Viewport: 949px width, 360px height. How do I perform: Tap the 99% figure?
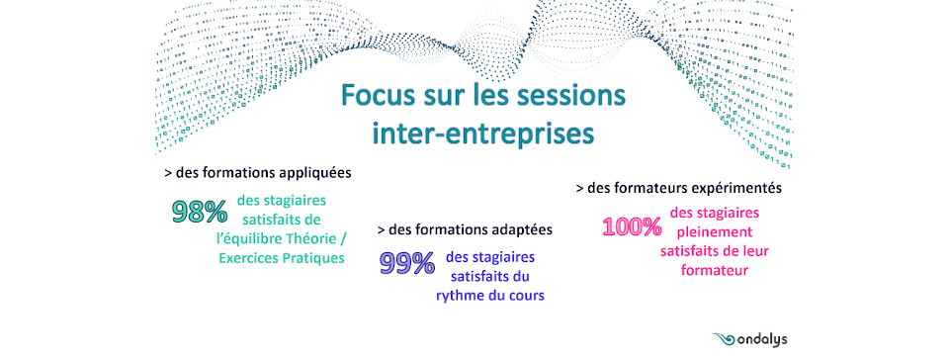(x=406, y=263)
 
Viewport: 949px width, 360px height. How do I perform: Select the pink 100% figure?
(x=632, y=226)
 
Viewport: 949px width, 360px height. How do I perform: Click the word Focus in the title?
(x=379, y=97)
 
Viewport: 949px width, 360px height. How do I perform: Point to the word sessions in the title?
(x=565, y=97)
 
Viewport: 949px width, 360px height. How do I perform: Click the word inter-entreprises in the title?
(x=483, y=134)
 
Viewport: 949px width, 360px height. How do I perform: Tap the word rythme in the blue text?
(x=458, y=296)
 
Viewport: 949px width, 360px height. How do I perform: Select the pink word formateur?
(x=714, y=270)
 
